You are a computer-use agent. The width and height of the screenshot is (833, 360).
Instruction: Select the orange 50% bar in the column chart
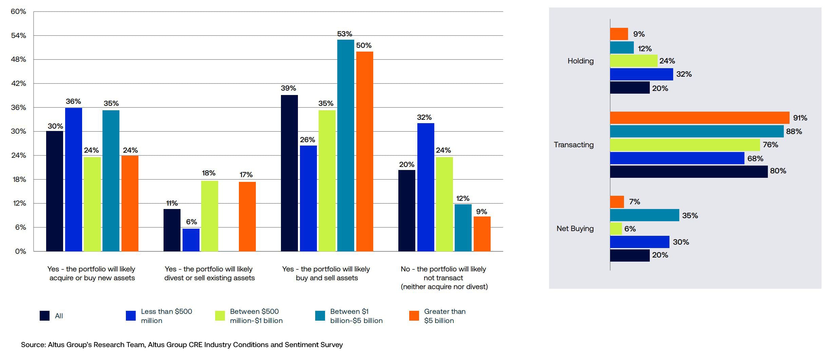(364, 151)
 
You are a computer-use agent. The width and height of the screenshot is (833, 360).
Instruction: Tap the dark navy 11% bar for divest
(172, 230)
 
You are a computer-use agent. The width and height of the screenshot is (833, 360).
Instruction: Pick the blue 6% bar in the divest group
(191, 240)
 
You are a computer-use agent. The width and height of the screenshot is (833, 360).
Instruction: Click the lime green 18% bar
(209, 216)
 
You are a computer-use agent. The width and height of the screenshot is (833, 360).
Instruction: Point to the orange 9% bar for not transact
(482, 234)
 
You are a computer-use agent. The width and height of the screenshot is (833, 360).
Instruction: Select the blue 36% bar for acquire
(73, 179)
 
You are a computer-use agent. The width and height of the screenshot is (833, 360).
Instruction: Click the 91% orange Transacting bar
(699, 118)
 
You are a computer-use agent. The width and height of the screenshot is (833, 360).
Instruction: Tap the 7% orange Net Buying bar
(617, 202)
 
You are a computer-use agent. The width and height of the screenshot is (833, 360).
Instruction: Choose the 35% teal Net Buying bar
(644, 215)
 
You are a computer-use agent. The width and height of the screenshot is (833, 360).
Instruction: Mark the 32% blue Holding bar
(641, 74)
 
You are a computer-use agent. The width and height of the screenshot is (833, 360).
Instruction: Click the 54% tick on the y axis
(18, 36)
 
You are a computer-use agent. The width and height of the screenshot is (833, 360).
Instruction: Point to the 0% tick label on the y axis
(20, 251)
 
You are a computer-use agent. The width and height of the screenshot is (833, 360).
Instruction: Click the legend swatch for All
(44, 316)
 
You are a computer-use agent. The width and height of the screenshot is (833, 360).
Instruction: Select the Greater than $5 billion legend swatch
(414, 316)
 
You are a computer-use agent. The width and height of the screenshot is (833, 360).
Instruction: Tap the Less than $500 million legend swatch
(131, 316)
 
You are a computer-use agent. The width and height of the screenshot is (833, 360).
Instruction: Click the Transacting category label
(573, 145)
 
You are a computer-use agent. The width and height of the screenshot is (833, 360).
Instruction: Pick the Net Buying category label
(575, 229)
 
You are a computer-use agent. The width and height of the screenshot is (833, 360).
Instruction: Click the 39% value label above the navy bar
(288, 88)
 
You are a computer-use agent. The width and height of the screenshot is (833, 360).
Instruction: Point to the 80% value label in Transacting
(778, 171)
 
